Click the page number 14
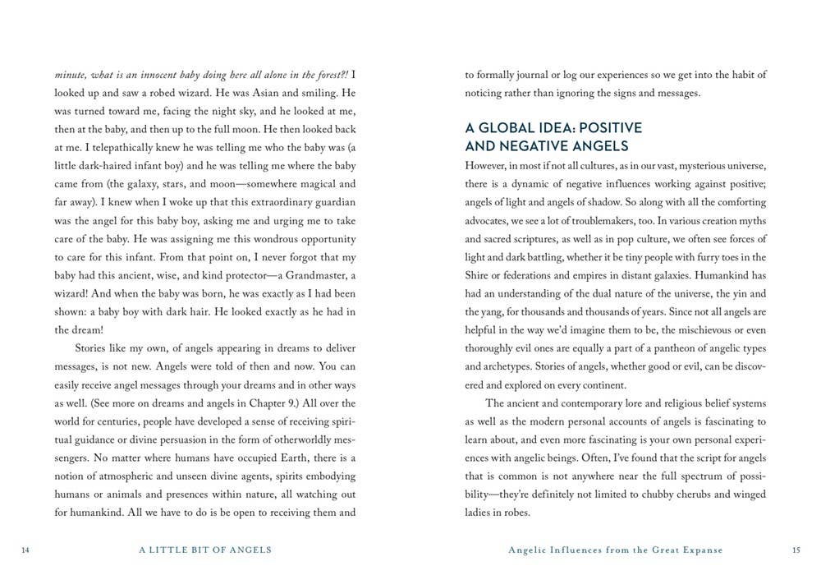(x=26, y=549)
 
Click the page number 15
(x=796, y=549)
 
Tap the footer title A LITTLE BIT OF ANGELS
(x=206, y=549)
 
